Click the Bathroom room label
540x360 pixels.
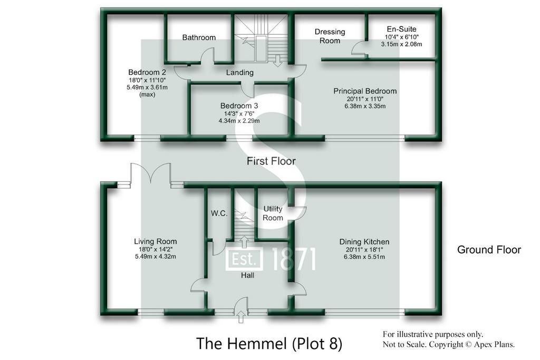[x=199, y=37]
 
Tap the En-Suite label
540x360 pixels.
[x=401, y=30]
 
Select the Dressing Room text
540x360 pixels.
[x=330, y=36]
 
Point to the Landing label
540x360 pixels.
[x=240, y=73]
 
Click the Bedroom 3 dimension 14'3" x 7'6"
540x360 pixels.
[x=239, y=113]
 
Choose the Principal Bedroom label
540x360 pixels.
[x=365, y=91]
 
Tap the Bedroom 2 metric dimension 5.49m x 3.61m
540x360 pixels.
[x=147, y=87]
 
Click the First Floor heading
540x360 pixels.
[x=271, y=161]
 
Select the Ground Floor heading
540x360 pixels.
[x=489, y=249]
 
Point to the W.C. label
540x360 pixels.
[x=219, y=213]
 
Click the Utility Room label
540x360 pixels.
[x=273, y=213]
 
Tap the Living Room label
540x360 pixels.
[x=156, y=241]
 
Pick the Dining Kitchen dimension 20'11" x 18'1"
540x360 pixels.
[x=364, y=250]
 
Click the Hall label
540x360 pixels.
[x=248, y=275]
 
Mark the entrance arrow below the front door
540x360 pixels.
[x=242, y=317]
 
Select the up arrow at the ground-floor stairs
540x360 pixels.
[x=244, y=241]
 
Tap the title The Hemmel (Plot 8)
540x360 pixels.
[x=269, y=344]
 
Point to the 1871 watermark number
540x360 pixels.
[x=294, y=259]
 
